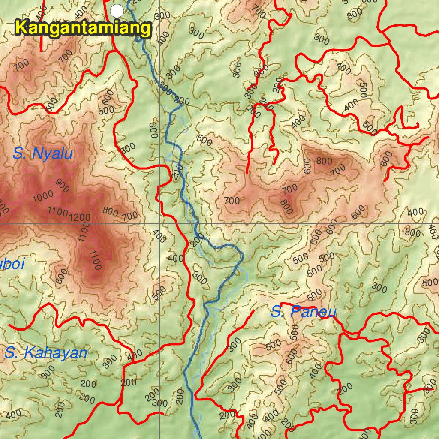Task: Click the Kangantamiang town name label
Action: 83,29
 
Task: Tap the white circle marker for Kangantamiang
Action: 117,10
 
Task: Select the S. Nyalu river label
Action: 42,153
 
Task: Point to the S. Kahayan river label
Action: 46,353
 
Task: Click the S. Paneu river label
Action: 303,312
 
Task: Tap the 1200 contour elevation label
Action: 79,217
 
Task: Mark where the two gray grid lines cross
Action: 159,223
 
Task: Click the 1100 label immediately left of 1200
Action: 58,212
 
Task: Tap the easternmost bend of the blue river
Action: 243,256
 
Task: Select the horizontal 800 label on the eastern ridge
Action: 324,161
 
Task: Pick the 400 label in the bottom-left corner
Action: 13,414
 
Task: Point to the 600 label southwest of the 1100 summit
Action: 62,276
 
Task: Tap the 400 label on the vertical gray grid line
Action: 159,235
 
